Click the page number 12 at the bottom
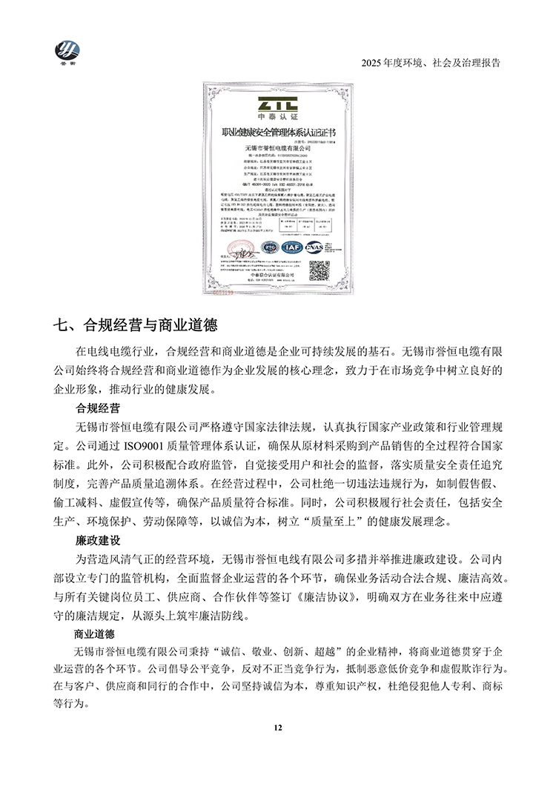coord(278,729)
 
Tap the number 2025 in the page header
coord(373,63)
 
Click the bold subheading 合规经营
coord(99,407)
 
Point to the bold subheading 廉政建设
coord(99,542)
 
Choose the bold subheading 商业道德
coord(99,635)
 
